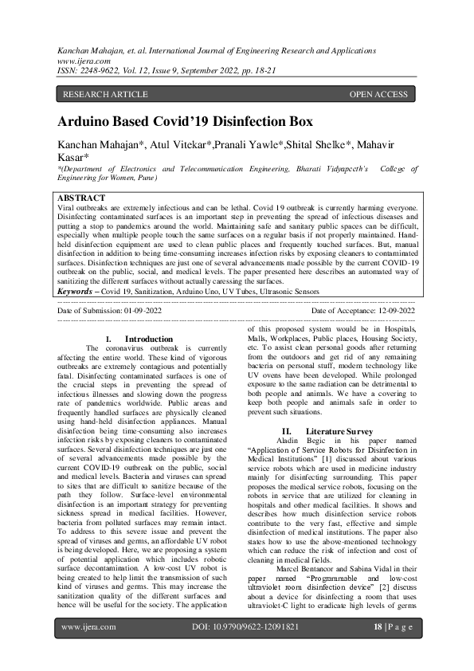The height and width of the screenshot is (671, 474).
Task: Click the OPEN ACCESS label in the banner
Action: click(x=378, y=95)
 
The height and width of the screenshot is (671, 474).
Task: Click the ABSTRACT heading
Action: click(x=82, y=198)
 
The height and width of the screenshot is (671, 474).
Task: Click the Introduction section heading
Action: click(x=143, y=339)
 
